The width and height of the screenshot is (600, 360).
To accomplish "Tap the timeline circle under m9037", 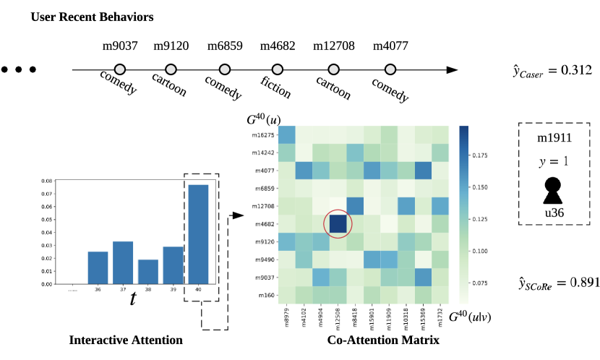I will pyautogui.click(x=120, y=70).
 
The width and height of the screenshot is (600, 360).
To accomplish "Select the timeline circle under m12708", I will pyautogui.click(x=333, y=70).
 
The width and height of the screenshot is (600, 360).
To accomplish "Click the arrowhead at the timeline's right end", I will pyautogui.click(x=452, y=70).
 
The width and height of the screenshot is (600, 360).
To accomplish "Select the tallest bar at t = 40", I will pyautogui.click(x=198, y=234).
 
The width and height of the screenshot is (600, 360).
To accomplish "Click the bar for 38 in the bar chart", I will pyautogui.click(x=147, y=272).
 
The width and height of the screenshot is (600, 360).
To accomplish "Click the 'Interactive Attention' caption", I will pyautogui.click(x=126, y=340).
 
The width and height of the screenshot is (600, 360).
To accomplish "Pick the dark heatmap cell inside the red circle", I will pyautogui.click(x=338, y=223).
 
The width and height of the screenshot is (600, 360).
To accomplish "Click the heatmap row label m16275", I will pyautogui.click(x=261, y=134).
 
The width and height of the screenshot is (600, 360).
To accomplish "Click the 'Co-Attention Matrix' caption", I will pyautogui.click(x=383, y=340).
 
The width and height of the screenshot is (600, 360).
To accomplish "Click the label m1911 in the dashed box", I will pyautogui.click(x=553, y=137).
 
